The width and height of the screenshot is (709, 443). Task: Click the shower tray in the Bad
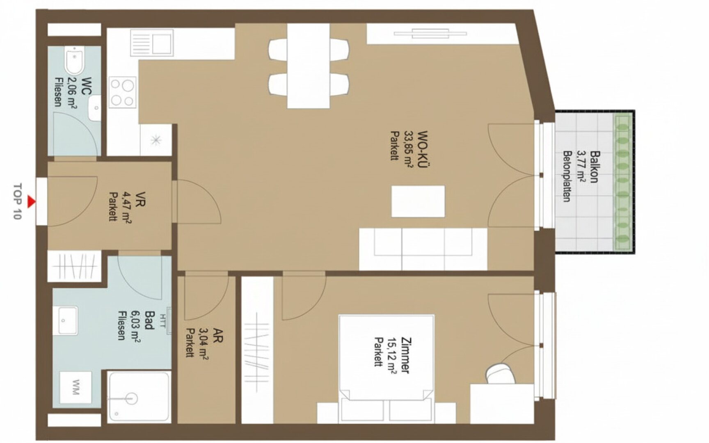click(139, 397)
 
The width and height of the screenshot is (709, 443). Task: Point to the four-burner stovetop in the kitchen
click(122, 93)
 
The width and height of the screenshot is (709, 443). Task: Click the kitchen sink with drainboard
click(152, 42)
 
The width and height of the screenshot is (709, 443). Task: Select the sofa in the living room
click(423, 249)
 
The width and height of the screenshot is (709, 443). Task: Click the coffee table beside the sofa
click(418, 201)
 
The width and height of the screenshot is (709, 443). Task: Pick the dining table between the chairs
click(308, 66)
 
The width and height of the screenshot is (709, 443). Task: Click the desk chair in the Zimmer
click(500, 373)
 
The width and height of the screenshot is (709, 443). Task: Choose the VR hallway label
click(140, 199)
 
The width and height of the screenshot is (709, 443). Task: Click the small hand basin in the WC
click(95, 108)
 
